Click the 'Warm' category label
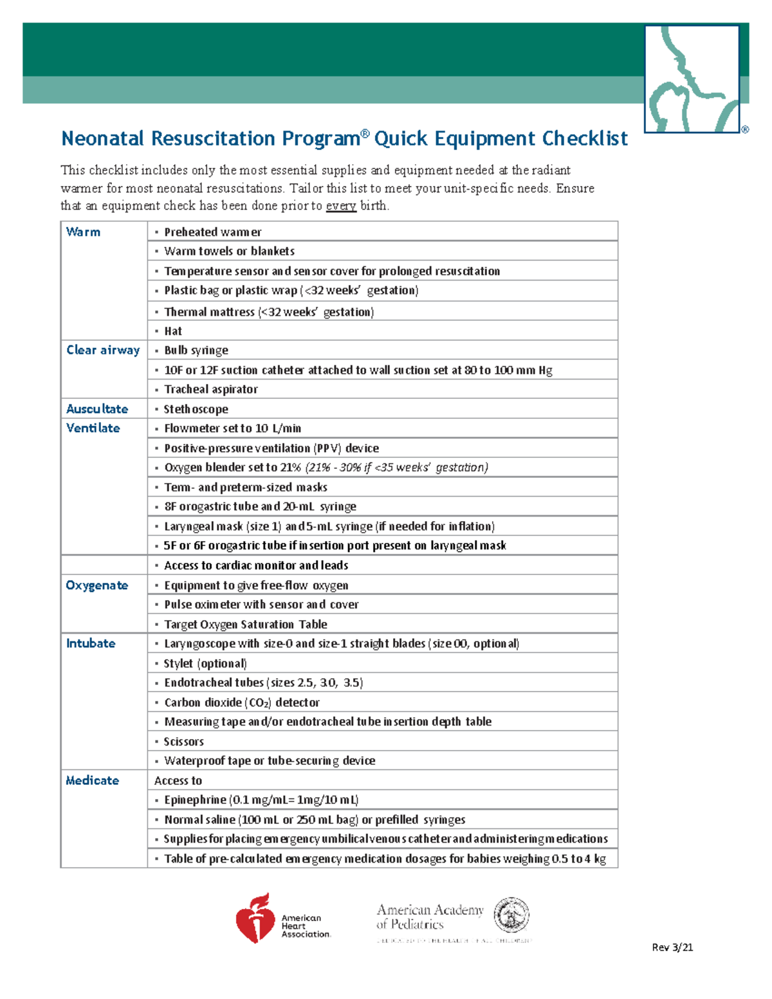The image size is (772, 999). pos(83,232)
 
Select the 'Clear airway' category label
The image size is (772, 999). pos(103,350)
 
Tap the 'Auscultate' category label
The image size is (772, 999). pos(97,409)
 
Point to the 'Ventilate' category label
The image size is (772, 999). pos(93,428)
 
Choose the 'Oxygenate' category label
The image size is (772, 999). pos(97,585)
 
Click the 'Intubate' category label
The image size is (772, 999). pos(91,643)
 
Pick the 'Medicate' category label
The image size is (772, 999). pos(92,780)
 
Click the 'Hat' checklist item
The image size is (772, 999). pos(173,331)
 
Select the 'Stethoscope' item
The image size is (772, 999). pos(196,409)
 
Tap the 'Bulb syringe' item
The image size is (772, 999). pos(196,351)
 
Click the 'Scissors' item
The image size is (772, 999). pos(184,742)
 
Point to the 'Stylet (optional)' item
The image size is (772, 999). pos(205,663)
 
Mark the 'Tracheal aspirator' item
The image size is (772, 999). pos(211,390)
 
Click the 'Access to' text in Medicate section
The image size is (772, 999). pos(178,781)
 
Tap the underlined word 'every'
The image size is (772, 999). pos(341,206)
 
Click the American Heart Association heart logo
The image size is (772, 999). pos(255,919)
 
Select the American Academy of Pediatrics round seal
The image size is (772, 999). pos(511,915)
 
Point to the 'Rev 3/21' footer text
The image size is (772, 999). pos(672,947)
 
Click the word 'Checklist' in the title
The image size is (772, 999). pos(584,139)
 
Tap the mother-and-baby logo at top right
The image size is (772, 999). pos(692,78)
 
